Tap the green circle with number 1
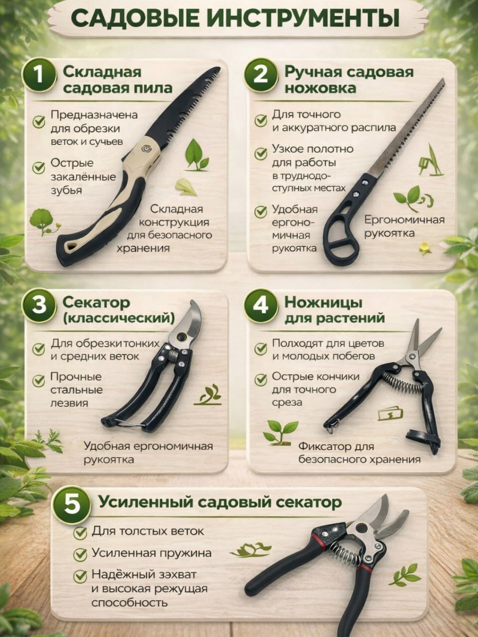tap(39, 76)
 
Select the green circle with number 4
tap(261, 305)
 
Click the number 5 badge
tap(72, 505)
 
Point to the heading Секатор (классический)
tap(118, 310)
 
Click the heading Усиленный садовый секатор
tap(220, 502)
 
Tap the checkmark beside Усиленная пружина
tap(80, 554)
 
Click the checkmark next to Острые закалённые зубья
tap(39, 167)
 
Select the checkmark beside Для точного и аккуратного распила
tap(260, 120)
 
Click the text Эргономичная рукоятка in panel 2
tap(404, 226)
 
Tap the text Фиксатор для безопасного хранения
tap(359, 453)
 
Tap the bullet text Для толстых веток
tap(148, 531)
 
